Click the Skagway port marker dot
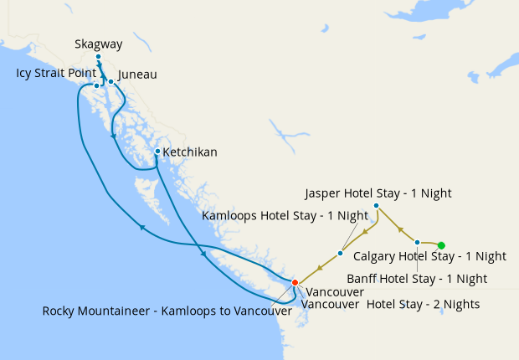coord(98,57)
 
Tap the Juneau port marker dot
coord(111,82)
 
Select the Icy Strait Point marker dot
coord(97,85)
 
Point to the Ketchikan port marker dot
coord(157,152)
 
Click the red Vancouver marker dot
coord(294,282)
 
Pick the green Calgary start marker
coord(441,244)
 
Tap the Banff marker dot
coord(417,242)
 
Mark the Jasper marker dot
coord(376,206)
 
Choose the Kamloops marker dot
coord(340,253)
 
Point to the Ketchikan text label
coord(190,152)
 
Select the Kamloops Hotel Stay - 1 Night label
coord(286,216)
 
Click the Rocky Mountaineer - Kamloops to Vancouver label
coord(167,311)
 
